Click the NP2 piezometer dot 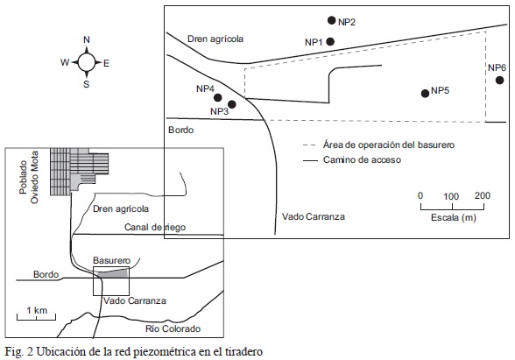pyautogui.click(x=332, y=20)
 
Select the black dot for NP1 pyautogui.click(x=330, y=42)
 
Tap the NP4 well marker pyautogui.click(x=218, y=97)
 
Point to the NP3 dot pyautogui.click(x=231, y=104)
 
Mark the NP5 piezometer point pyautogui.click(x=425, y=93)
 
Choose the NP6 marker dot pyautogui.click(x=499, y=81)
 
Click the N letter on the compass pyautogui.click(x=87, y=39)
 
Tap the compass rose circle pyautogui.click(x=87, y=61)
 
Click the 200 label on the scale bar pyautogui.click(x=482, y=196)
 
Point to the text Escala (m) pyautogui.click(x=454, y=217)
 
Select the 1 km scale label pyautogui.click(x=37, y=310)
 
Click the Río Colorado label pyautogui.click(x=173, y=328)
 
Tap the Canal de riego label pyautogui.click(x=155, y=227)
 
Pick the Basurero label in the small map pyautogui.click(x=112, y=260)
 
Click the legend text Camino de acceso pyautogui.click(x=362, y=160)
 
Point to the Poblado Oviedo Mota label pyautogui.click(x=29, y=177)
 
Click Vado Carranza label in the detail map pyautogui.click(x=314, y=216)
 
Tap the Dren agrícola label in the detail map pyautogui.click(x=215, y=39)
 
